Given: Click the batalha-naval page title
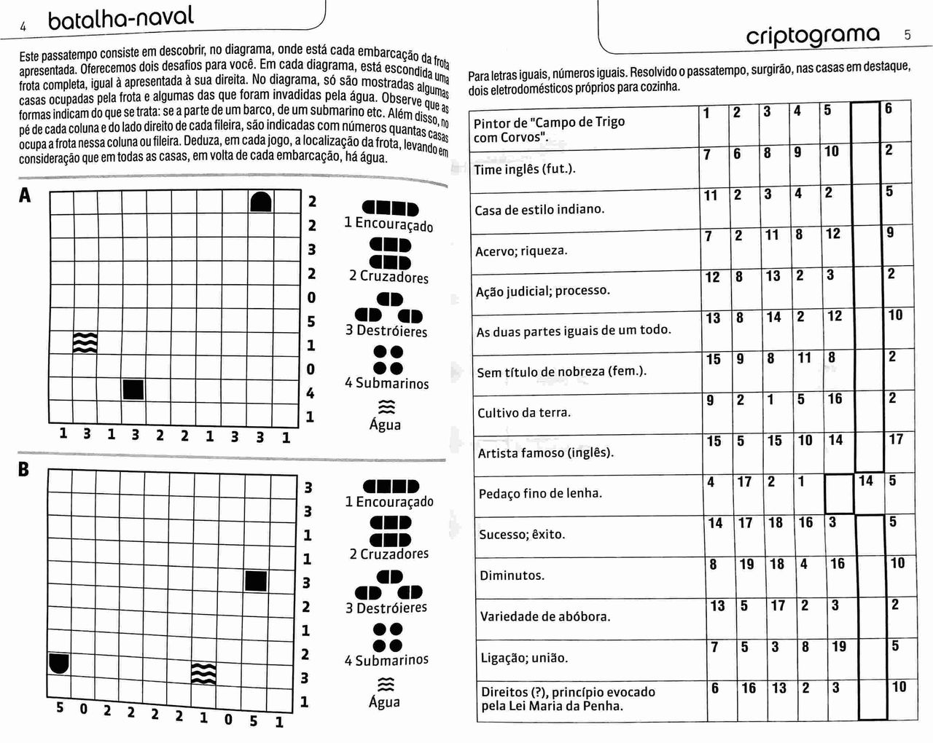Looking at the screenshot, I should (x=121, y=17).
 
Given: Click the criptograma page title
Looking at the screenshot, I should (x=813, y=35).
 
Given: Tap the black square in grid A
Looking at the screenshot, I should (x=133, y=390).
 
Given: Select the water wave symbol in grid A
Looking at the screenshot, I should (x=85, y=342).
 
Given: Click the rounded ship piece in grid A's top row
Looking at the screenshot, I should (x=262, y=202).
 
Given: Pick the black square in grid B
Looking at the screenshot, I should (x=255, y=581).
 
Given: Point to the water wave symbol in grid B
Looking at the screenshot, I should (x=203, y=674).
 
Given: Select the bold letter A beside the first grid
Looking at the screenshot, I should (x=26, y=194).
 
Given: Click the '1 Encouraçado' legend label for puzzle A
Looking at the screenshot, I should (x=389, y=224).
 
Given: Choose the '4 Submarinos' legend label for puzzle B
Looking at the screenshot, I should (x=386, y=660).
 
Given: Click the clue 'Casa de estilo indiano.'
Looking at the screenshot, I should (x=539, y=210).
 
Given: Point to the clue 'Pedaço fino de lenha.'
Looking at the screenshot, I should (x=540, y=493).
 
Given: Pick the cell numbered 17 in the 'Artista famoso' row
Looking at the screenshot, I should (x=896, y=439).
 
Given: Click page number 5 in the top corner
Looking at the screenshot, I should (x=907, y=34).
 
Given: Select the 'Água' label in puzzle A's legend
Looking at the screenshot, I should (x=385, y=424).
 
